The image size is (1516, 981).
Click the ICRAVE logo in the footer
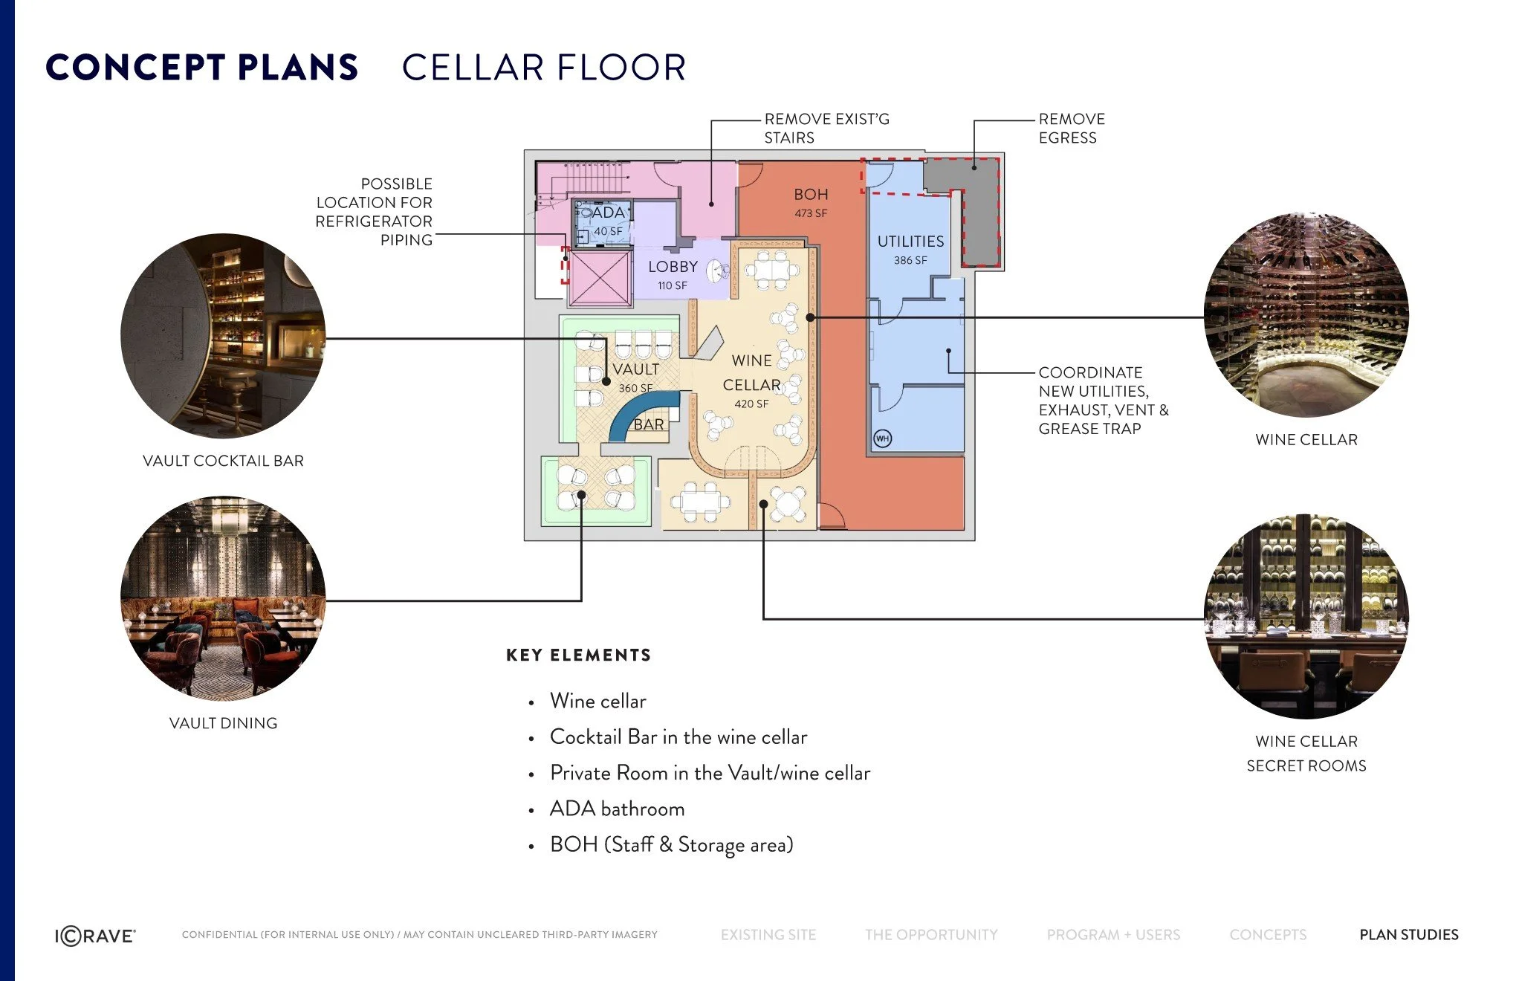click(x=95, y=936)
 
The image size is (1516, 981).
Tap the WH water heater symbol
click(x=882, y=438)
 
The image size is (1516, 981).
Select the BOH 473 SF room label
click(x=811, y=202)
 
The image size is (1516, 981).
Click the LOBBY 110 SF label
click(x=673, y=275)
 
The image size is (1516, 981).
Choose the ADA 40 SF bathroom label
click(x=609, y=221)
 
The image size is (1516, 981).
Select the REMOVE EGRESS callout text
click(x=1072, y=129)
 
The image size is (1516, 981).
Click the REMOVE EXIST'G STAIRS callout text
click(x=826, y=129)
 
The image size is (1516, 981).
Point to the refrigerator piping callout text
click(x=374, y=212)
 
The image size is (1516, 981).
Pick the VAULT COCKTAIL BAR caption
click(x=223, y=461)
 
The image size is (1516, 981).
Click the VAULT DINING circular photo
click(x=223, y=598)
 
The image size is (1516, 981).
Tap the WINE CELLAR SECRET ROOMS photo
click(x=1306, y=616)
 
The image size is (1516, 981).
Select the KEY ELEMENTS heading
click(x=578, y=655)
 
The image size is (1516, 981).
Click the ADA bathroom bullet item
click(x=617, y=809)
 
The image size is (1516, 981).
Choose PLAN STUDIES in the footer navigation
click(x=1409, y=935)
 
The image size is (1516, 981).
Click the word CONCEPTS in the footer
click(x=1268, y=935)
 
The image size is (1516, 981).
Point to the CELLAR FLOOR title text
click(x=544, y=68)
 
